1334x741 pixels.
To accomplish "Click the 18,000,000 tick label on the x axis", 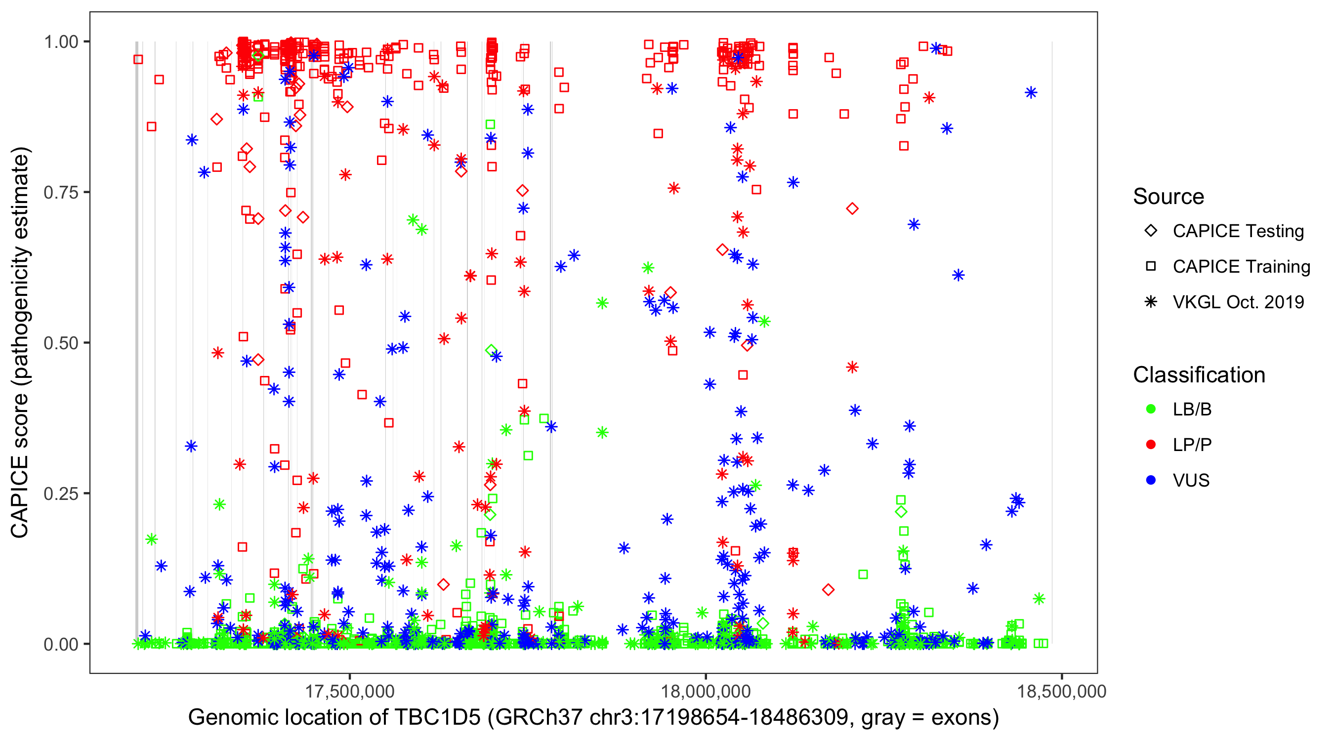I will [706, 692].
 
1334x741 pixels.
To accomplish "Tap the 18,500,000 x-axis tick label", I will [1062, 692].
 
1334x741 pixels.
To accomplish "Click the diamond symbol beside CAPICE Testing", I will [1151, 230].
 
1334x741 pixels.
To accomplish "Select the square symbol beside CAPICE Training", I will [1151, 266].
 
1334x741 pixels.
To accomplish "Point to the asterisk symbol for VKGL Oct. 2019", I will [1151, 302].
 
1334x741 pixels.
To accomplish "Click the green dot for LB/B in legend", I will [1151, 409].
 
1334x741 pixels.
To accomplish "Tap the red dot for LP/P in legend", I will [1151, 445].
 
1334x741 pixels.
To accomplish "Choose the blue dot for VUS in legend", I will [1151, 481].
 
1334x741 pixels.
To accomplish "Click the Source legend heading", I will [1168, 197].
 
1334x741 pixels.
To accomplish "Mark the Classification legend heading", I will [1199, 375].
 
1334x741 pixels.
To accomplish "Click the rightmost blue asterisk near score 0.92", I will [1031, 93].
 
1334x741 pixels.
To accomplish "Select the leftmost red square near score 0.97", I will [138, 60].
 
